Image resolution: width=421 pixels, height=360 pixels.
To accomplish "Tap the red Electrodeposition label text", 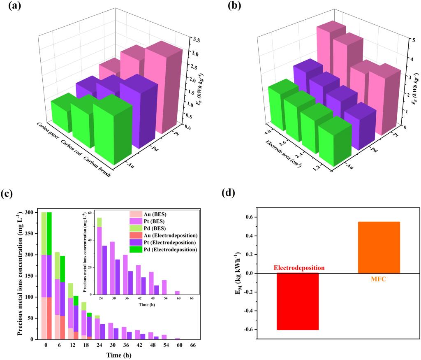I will pyautogui.click(x=299, y=268).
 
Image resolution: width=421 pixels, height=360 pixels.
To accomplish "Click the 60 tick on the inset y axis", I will pyautogui.click(x=89, y=214).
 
